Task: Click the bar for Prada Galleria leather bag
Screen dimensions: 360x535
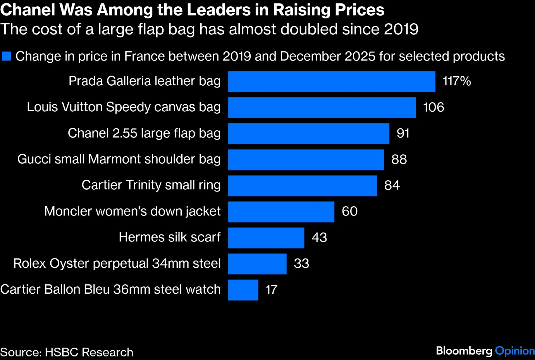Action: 331,82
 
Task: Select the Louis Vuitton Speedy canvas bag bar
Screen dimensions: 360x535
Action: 322,108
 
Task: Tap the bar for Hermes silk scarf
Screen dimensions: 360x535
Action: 266,238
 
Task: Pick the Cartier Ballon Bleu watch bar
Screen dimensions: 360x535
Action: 243,290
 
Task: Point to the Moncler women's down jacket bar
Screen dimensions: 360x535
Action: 281,212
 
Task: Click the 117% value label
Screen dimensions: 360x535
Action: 457,81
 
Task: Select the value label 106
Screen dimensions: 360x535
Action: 433,107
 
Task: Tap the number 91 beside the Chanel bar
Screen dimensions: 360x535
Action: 403,133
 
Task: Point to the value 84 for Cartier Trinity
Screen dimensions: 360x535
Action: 392,185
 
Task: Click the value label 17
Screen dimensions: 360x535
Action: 271,290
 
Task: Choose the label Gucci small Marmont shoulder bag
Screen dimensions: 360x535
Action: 119,159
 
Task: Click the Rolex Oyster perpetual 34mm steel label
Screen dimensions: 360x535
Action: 117,263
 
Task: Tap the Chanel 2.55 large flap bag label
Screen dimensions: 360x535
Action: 144,133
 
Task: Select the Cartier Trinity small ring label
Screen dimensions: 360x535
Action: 151,185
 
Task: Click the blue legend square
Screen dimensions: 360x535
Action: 6,56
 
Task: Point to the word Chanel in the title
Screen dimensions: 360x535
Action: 28,10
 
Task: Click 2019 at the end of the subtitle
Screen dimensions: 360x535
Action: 401,29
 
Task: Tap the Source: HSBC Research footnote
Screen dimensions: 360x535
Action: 67,352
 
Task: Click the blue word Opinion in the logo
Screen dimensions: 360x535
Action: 514,351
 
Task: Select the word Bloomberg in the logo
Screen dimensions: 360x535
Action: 464,351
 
